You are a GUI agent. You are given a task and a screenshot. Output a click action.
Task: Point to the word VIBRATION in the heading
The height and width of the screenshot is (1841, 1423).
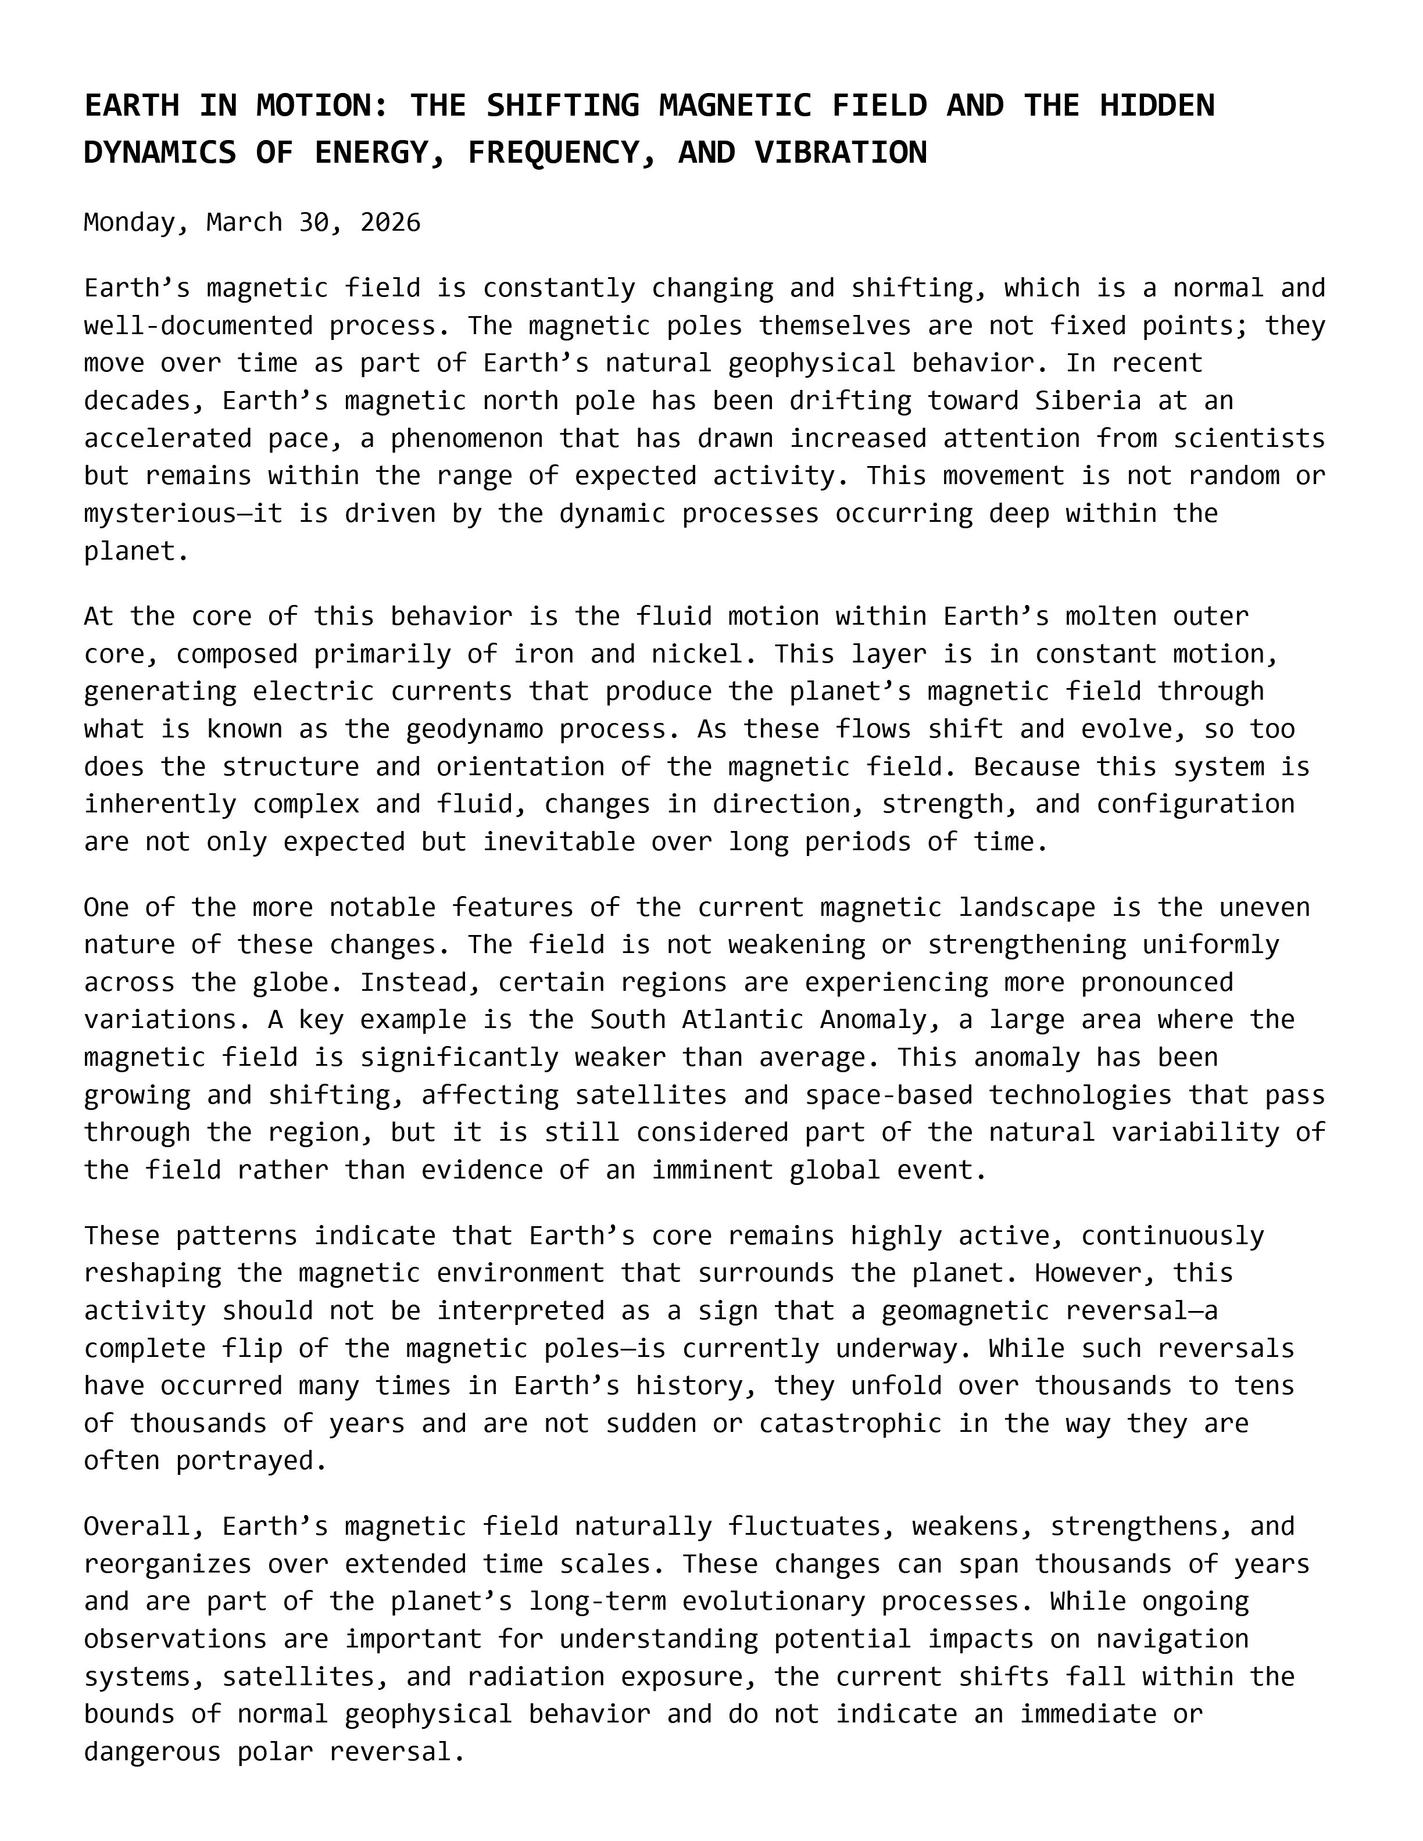coord(841,153)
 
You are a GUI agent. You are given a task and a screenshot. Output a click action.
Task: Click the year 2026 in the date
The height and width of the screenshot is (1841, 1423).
coord(389,223)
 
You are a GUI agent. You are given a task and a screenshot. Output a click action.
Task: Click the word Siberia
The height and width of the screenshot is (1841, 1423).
coord(1088,400)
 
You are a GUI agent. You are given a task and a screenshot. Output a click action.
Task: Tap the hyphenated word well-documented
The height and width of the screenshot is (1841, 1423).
coord(198,325)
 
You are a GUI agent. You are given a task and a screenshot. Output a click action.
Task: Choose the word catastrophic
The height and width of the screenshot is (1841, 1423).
coord(850,1423)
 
